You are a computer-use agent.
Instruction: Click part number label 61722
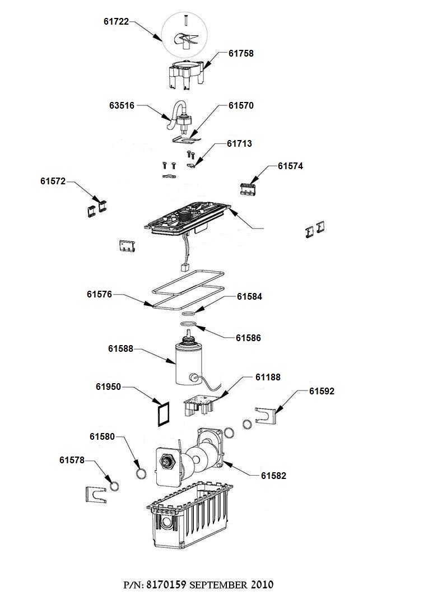pyautogui.click(x=116, y=22)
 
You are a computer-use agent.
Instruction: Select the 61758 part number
pyautogui.click(x=241, y=54)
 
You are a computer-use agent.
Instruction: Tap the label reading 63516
pyautogui.click(x=122, y=105)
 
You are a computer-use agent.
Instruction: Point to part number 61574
pyautogui.click(x=290, y=166)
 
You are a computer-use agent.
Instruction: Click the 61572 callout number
pyautogui.click(x=53, y=181)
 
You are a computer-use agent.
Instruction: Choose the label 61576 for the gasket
pyautogui.click(x=99, y=294)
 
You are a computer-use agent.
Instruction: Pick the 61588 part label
pyautogui.click(x=120, y=348)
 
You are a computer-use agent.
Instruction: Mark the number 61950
pyautogui.click(x=109, y=387)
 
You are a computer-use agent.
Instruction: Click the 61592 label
pyautogui.click(x=322, y=391)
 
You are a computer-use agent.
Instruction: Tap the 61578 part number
pyautogui.click(x=72, y=460)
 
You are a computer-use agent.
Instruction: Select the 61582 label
pyautogui.click(x=273, y=476)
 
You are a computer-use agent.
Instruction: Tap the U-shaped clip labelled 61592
pyautogui.click(x=266, y=415)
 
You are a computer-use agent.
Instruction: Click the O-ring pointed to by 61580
pyautogui.click(x=142, y=474)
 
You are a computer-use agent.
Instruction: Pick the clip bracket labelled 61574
pyautogui.click(x=248, y=188)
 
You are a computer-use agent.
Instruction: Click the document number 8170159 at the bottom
pyautogui.click(x=166, y=585)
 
